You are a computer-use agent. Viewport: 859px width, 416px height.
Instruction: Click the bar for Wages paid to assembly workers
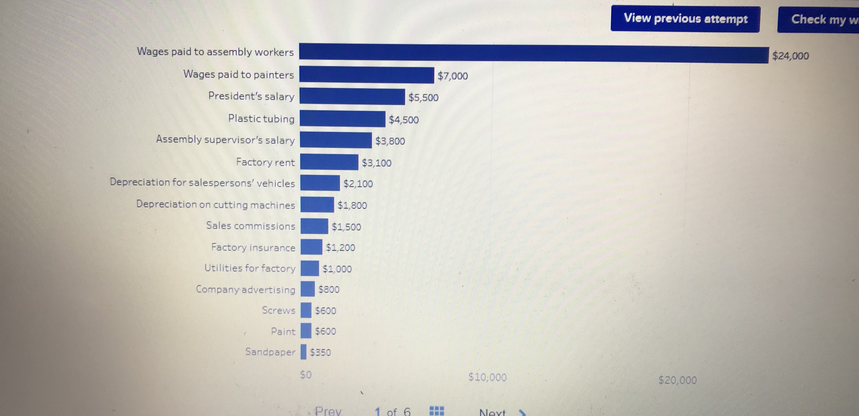(x=534, y=53)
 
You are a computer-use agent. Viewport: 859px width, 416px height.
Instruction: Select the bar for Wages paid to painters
(x=367, y=75)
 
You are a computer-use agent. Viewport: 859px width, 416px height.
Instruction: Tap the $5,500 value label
(x=424, y=97)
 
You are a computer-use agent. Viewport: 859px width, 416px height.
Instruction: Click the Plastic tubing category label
(x=261, y=119)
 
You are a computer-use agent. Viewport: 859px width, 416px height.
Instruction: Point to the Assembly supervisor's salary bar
(x=336, y=140)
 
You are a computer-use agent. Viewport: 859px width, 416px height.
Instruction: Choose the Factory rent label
(x=265, y=162)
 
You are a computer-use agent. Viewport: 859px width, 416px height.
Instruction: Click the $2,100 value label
(x=358, y=184)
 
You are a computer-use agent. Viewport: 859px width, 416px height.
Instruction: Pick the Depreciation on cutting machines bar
(x=317, y=204)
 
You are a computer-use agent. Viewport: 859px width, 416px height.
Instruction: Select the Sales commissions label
(x=251, y=226)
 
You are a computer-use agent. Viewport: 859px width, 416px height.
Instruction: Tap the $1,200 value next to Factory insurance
(x=340, y=247)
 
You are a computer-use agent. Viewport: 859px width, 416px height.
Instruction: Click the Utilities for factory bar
(x=310, y=268)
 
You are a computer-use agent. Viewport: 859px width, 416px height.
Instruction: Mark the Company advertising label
(x=246, y=289)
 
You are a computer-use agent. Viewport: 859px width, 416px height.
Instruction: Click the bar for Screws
(x=306, y=310)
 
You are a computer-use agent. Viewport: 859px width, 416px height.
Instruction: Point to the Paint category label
(x=283, y=331)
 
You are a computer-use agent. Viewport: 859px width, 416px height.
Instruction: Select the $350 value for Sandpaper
(x=320, y=352)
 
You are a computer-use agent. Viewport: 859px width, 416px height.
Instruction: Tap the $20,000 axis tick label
(x=678, y=380)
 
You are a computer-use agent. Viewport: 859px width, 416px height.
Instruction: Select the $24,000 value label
(x=791, y=56)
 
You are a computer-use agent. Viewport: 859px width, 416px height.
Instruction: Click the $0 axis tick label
(x=306, y=375)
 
